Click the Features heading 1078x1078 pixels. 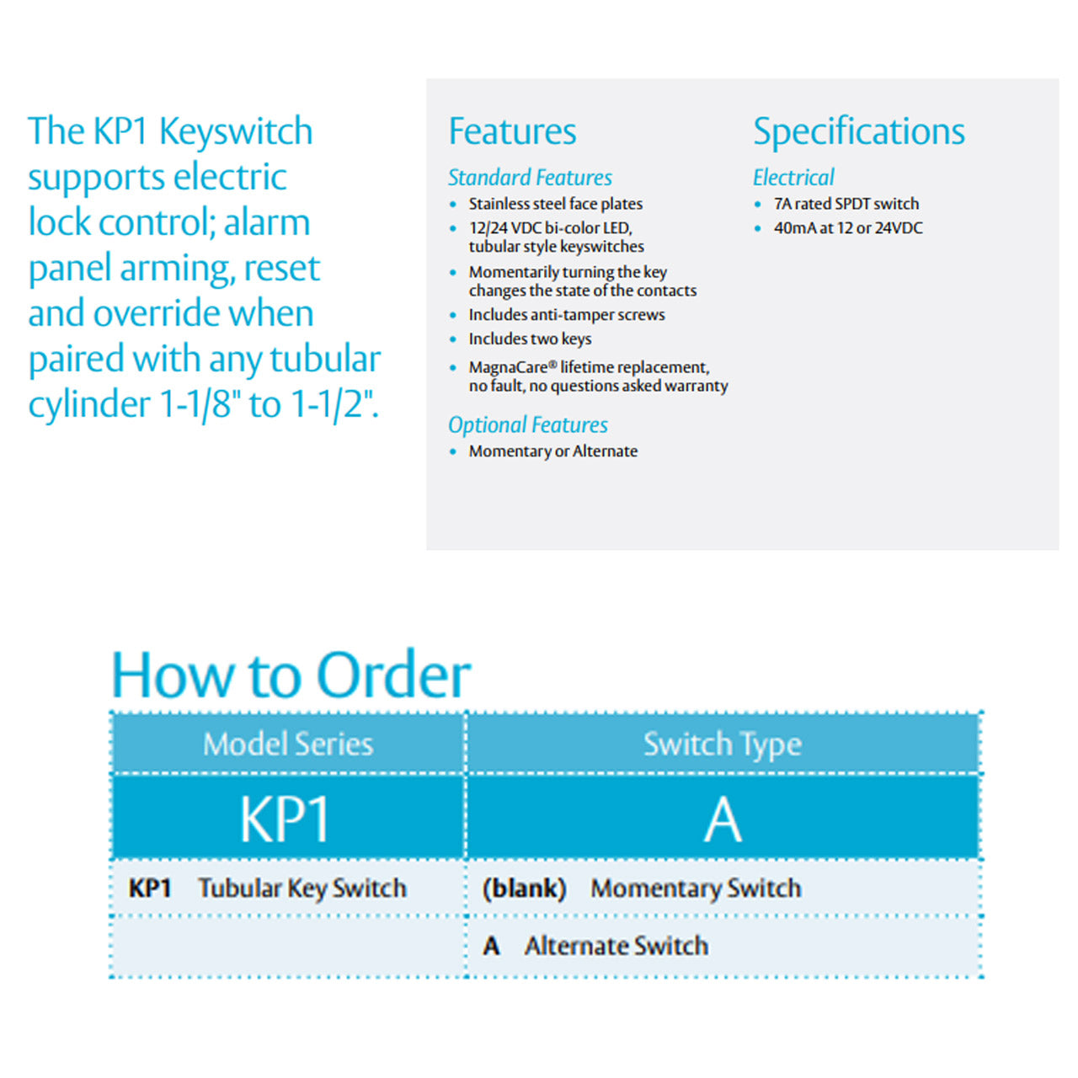(512, 132)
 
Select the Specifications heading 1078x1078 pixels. (858, 132)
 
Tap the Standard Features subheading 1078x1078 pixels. (530, 178)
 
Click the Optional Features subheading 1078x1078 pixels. (527, 425)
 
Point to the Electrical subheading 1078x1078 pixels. (792, 178)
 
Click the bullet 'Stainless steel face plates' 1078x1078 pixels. (555, 204)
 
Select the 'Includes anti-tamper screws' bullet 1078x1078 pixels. (566, 315)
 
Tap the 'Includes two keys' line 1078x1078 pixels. (530, 339)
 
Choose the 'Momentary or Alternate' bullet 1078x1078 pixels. (552, 451)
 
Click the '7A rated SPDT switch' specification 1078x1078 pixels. (846, 204)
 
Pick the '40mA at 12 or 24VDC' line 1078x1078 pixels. (847, 228)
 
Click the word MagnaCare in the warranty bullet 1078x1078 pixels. (508, 368)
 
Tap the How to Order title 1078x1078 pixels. (291, 675)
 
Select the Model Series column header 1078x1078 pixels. (287, 744)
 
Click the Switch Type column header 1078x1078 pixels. (722, 744)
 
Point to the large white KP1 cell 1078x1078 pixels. (285, 819)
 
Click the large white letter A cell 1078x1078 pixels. (723, 819)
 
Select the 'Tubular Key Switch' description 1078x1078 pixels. (302, 889)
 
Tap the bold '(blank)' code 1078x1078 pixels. (523, 889)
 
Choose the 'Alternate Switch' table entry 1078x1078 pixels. (616, 947)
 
